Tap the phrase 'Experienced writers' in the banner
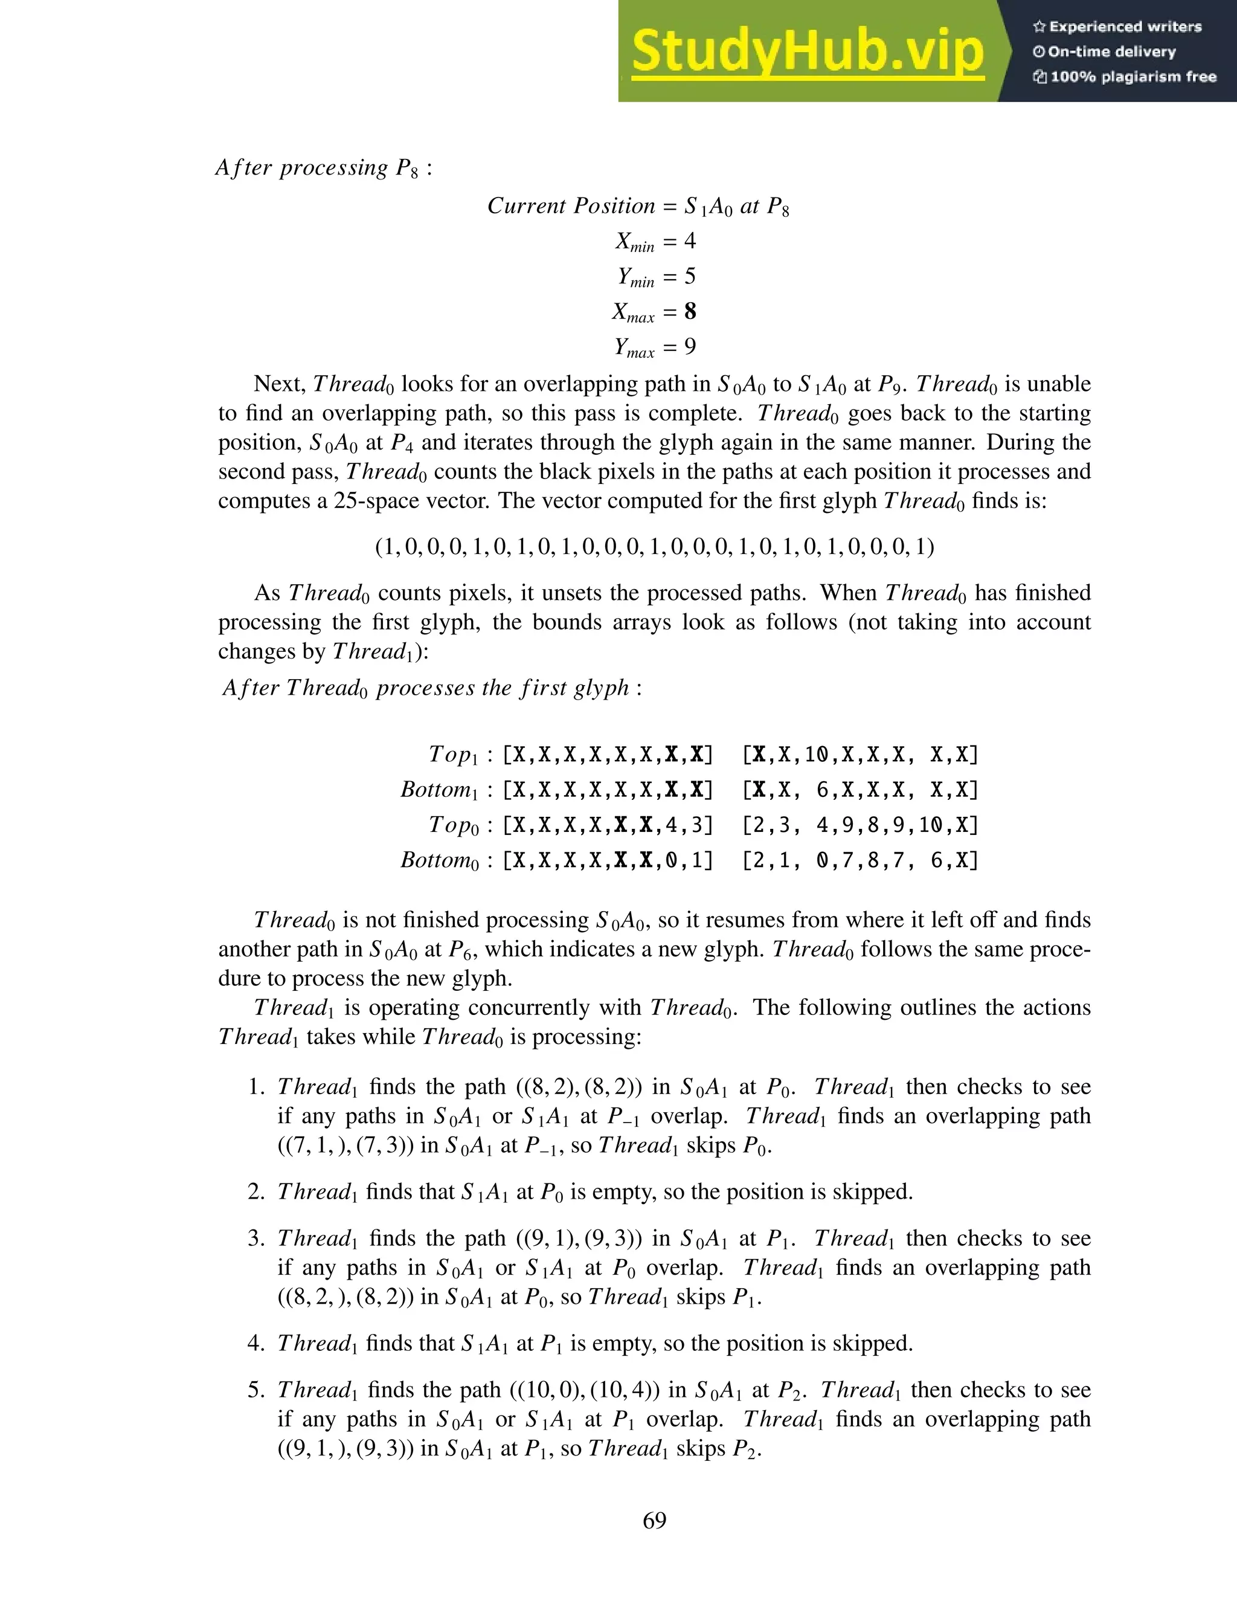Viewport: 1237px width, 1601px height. tap(1125, 27)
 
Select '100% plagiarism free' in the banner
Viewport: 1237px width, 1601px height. tap(1133, 77)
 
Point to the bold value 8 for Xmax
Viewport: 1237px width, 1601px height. tap(690, 312)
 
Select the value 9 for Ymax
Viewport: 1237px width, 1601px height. tap(690, 346)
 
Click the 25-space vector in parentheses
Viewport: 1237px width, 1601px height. tap(654, 547)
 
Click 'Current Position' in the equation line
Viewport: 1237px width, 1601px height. tap(571, 206)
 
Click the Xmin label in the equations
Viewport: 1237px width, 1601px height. tap(634, 242)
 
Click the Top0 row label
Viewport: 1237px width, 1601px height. tap(452, 825)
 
